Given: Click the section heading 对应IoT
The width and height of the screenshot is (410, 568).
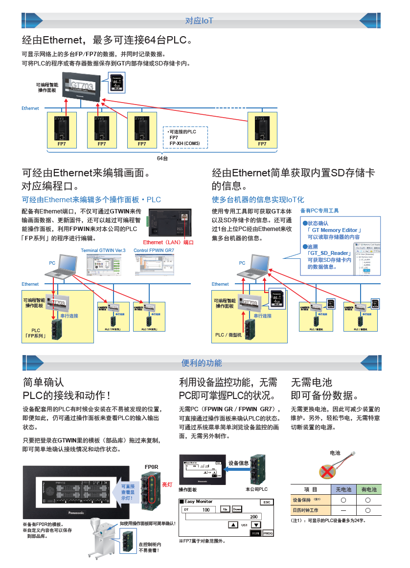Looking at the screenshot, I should click(x=199, y=21).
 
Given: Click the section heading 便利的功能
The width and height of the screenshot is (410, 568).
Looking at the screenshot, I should click(x=201, y=362).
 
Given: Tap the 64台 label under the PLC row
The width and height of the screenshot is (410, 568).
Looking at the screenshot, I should click(x=162, y=158).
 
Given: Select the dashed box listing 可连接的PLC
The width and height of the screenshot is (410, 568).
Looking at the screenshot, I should click(x=185, y=137).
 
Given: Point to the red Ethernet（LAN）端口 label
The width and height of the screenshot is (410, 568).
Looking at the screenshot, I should click(x=168, y=242).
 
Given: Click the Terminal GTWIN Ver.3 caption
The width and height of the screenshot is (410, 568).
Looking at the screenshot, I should click(x=103, y=251).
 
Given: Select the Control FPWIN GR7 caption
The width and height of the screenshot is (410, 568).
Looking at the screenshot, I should click(x=154, y=251).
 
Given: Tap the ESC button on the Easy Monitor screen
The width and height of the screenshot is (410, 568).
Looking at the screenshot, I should click(x=266, y=502).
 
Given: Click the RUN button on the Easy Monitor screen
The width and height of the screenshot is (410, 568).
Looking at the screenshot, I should click(x=255, y=533).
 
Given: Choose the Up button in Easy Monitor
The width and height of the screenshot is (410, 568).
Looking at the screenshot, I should click(x=225, y=509).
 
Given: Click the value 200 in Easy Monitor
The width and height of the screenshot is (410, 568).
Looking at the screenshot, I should click(x=253, y=516).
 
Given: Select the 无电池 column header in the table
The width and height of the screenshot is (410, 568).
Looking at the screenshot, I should click(x=343, y=489).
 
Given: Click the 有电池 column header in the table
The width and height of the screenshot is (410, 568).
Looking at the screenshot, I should click(x=368, y=489).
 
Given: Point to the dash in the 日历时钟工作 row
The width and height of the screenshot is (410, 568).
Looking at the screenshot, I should click(x=343, y=510).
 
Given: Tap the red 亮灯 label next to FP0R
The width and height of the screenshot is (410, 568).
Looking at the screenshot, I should click(x=167, y=484).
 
